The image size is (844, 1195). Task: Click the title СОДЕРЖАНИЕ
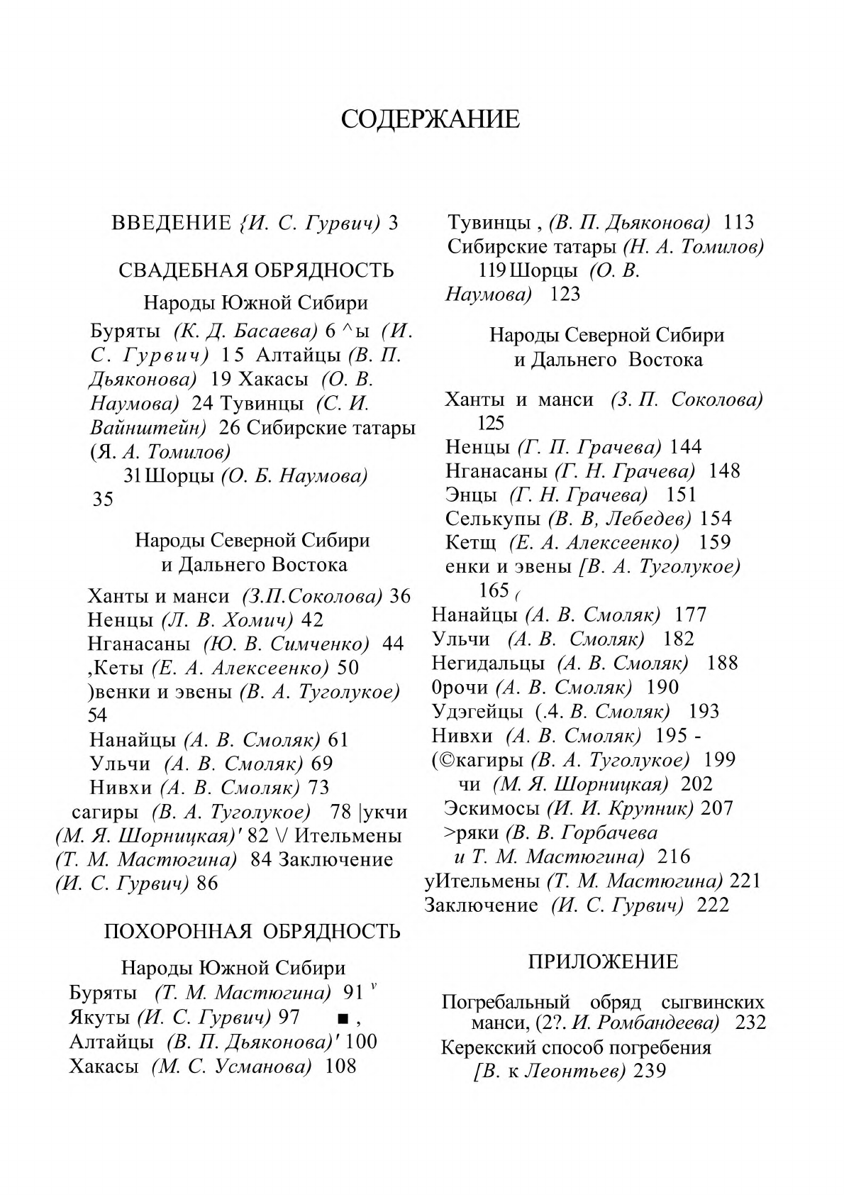(430, 119)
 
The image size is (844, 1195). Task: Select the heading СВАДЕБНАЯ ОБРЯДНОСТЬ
(256, 270)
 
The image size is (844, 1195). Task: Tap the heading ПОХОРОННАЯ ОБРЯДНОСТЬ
(252, 931)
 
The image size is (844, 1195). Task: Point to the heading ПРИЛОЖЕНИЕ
(603, 962)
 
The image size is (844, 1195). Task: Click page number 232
(750, 1023)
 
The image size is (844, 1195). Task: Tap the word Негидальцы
(488, 663)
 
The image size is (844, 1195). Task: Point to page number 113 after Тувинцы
(738, 223)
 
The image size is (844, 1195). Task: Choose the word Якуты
(99, 1018)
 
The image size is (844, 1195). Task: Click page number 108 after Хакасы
(340, 1066)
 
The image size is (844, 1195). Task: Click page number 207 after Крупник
(717, 808)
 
